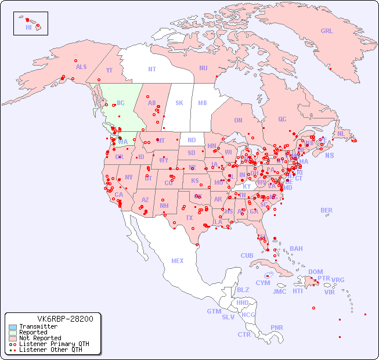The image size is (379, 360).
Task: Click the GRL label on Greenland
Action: point(327,31)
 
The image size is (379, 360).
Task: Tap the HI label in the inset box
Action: point(28,27)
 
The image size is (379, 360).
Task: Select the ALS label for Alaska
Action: point(81,67)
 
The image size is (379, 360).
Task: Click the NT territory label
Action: point(152,69)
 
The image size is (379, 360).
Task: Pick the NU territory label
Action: point(203,69)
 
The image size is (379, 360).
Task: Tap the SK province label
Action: point(179,103)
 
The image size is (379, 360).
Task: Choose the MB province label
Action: point(203,103)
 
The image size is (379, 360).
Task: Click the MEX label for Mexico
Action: point(178,261)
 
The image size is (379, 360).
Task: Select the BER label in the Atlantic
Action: point(327,211)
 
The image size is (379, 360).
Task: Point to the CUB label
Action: point(247,256)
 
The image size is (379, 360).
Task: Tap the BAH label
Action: point(296,249)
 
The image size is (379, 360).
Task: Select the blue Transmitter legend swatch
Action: point(13,327)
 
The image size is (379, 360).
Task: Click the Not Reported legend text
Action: point(40,339)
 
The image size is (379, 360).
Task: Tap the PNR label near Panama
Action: point(277,327)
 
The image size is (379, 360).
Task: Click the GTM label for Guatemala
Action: point(214,312)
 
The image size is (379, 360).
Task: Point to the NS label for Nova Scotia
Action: point(329,156)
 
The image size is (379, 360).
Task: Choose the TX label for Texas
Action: point(189,218)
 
